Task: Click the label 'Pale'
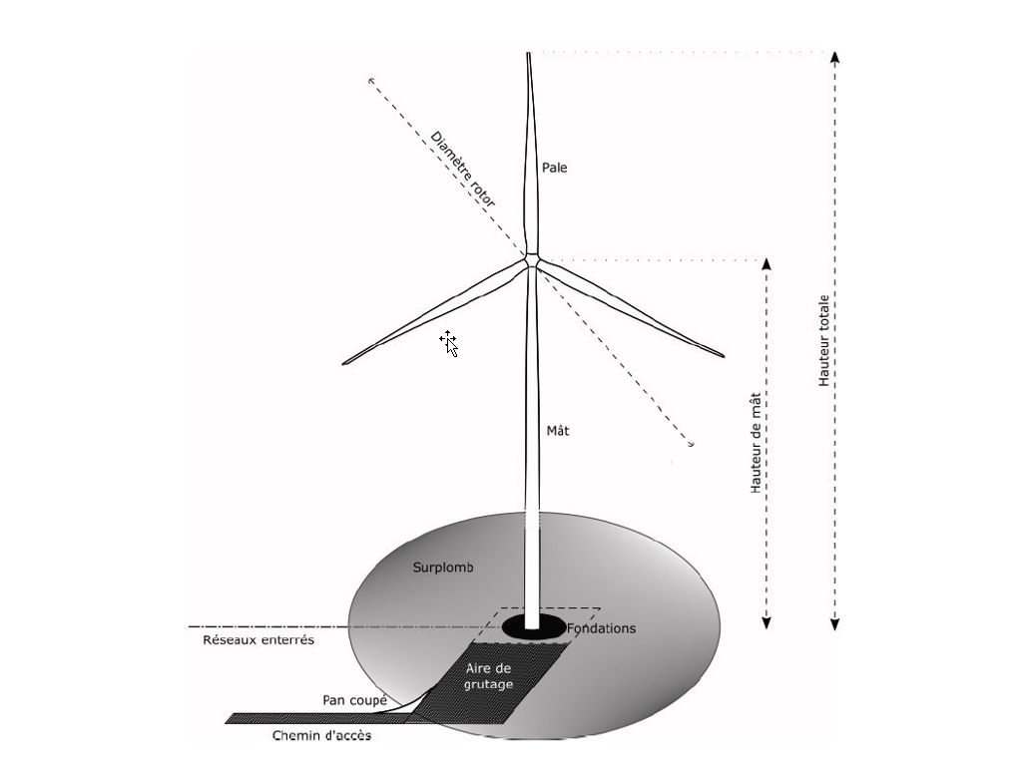tap(554, 168)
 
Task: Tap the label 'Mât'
tap(558, 431)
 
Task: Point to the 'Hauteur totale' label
tap(824, 340)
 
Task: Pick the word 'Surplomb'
tap(442, 568)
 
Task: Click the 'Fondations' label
tap(601, 628)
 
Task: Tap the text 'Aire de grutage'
tap(489, 676)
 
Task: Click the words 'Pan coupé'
tap(354, 700)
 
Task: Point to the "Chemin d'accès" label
tap(322, 736)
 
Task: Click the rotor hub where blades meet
tap(532, 259)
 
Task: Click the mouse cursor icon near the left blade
tap(448, 342)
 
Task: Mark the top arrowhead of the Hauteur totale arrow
tap(835, 55)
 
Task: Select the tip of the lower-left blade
tap(345, 362)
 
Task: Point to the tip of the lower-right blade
tap(722, 354)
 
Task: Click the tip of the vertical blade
tap(529, 55)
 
